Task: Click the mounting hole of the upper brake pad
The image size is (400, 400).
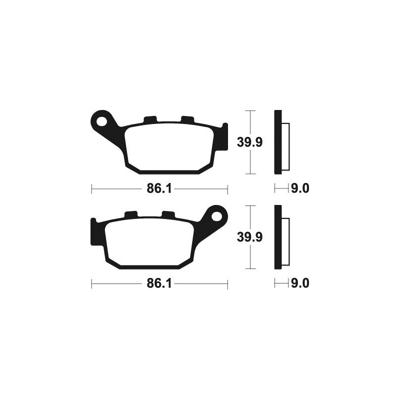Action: (101, 121)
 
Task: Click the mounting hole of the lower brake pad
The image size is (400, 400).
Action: (217, 216)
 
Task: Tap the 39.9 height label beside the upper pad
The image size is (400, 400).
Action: (249, 142)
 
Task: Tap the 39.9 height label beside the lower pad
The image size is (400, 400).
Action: (249, 237)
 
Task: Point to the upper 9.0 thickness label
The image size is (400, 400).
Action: (300, 189)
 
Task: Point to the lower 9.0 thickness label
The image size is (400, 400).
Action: (300, 283)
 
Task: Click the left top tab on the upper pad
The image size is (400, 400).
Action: (150, 119)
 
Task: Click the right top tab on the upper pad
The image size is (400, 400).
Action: (187, 119)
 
